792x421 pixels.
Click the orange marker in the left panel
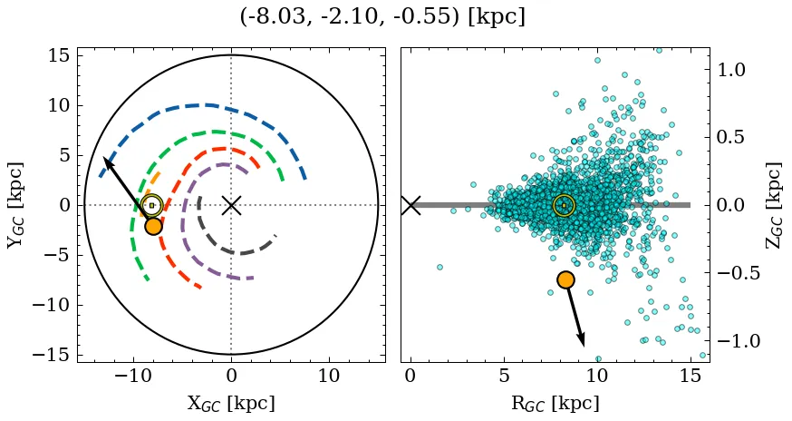coord(153,226)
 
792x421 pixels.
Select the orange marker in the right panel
coord(566,280)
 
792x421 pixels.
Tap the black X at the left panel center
coord(231,205)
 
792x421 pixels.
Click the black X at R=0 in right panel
coord(410,205)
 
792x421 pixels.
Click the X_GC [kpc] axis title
coord(231,404)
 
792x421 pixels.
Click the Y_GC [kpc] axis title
coord(15,205)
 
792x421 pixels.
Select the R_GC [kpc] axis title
coord(555,404)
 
